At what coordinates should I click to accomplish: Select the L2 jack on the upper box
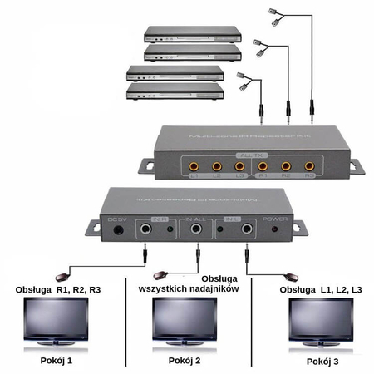[x=217, y=166]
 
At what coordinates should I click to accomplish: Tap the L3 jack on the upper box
[x=239, y=166]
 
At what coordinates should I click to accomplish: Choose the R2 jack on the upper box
[x=286, y=166]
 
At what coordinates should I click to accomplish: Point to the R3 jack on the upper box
[x=309, y=166]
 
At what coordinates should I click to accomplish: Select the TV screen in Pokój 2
[x=185, y=319]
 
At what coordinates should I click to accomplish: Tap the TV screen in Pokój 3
[x=319, y=319]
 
